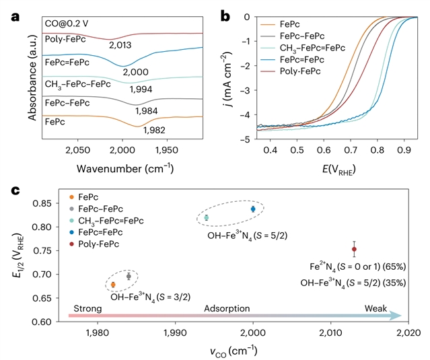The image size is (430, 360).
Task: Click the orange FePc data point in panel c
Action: (x=113, y=285)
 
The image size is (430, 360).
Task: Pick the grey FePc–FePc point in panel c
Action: (x=129, y=276)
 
